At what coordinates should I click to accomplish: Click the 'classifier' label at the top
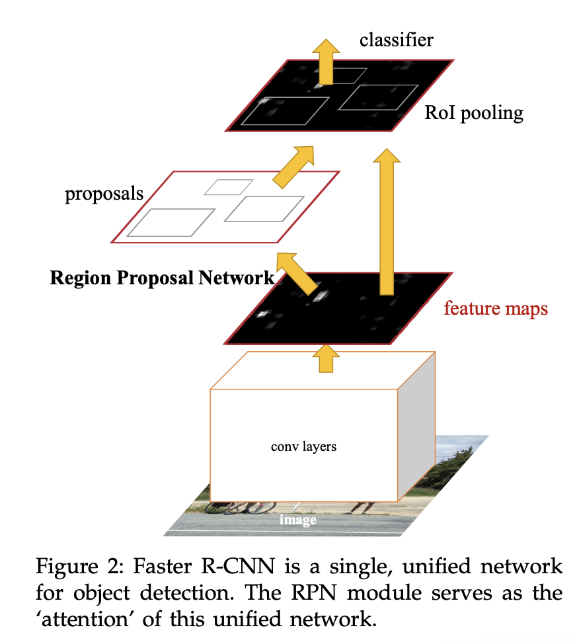coord(396,40)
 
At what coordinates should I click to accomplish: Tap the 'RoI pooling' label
coord(474,113)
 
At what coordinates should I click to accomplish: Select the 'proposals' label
coord(104,194)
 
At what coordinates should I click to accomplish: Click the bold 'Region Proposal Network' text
coord(161,278)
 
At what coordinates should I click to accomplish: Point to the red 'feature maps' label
coord(496,308)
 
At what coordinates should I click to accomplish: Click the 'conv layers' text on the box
coord(303,446)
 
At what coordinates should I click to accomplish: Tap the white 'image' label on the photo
coord(297,520)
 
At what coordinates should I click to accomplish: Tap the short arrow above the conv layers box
coord(324,358)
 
